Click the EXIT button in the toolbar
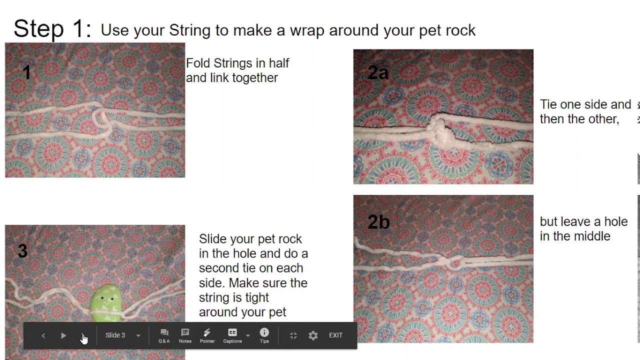point(335,335)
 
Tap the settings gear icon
point(313,335)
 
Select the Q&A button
point(164,335)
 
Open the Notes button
point(185,335)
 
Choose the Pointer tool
point(207,335)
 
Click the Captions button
point(232,335)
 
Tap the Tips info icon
point(264,335)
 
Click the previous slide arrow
point(43,335)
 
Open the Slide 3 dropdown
point(122,335)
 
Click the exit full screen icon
point(293,335)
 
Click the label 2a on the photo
point(378,72)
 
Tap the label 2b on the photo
point(378,221)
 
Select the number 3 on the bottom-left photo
point(22,251)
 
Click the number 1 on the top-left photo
point(27,72)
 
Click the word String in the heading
point(189,30)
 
